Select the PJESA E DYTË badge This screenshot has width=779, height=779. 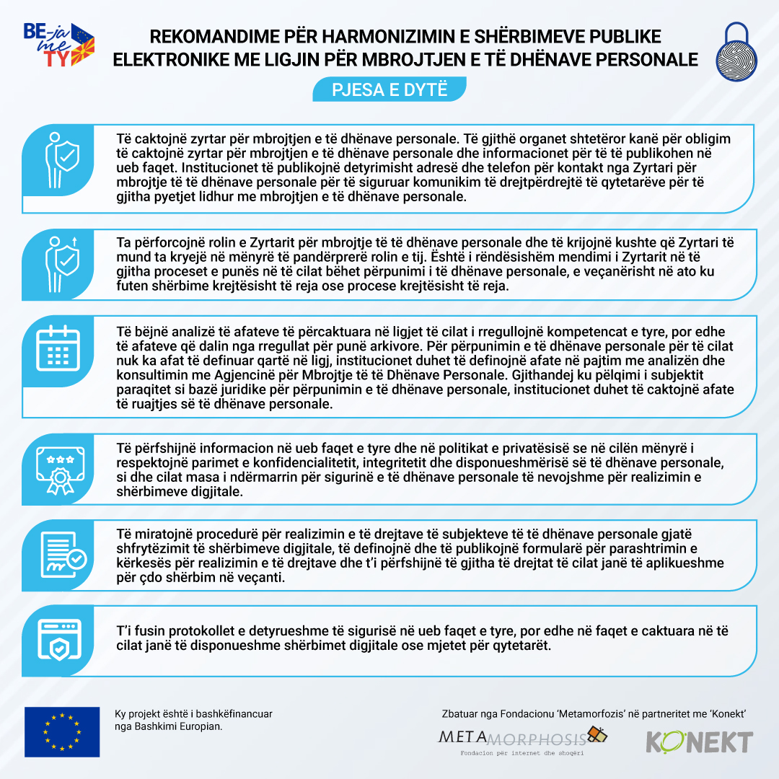(389, 90)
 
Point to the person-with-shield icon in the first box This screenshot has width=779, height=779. (61, 159)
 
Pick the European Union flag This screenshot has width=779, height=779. (62, 731)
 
